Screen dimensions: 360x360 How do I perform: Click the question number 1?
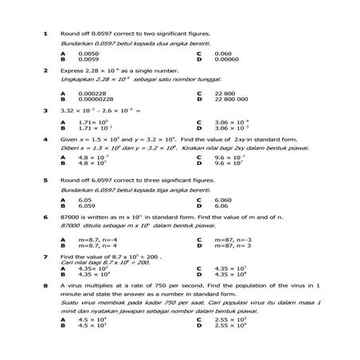point(46,33)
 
